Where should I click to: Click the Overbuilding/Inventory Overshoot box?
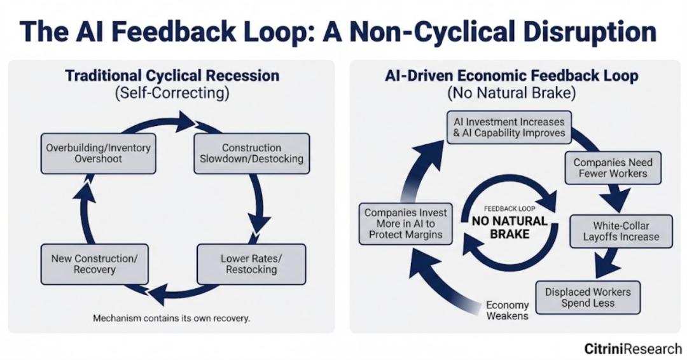point(99,153)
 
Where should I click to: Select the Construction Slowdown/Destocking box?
point(251,153)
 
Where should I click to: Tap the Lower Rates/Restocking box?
point(251,264)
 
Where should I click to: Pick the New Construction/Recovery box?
point(94,264)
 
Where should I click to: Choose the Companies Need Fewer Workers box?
point(613,168)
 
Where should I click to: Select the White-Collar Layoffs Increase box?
point(621,231)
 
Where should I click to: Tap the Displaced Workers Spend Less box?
point(587,297)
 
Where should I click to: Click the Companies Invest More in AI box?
point(405,224)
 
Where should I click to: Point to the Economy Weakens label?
point(507,310)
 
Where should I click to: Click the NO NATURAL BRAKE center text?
point(509,228)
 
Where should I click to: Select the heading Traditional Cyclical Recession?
point(172,76)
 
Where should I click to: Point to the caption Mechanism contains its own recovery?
point(172,317)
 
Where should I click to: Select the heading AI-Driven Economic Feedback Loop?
point(511,76)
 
